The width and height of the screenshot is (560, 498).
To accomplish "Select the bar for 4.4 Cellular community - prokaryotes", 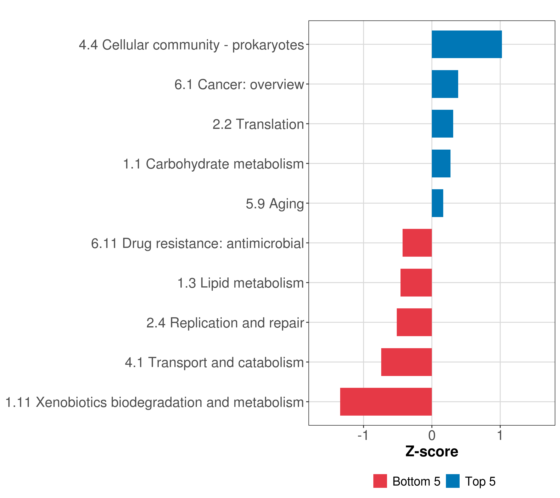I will (x=467, y=44).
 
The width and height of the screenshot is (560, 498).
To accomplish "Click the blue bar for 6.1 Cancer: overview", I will (x=445, y=84).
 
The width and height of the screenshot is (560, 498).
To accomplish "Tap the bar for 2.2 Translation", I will (x=442, y=124).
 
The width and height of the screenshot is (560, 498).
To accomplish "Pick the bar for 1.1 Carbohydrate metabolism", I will (x=441, y=164).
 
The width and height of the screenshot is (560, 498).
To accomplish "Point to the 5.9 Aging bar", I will (x=437, y=203).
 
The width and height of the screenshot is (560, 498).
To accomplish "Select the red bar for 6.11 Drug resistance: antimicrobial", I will (x=417, y=243).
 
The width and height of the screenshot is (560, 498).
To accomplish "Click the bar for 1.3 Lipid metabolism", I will (x=416, y=283).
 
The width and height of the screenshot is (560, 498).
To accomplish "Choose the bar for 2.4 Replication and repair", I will (x=414, y=322).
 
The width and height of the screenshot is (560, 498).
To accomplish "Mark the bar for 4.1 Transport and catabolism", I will (x=406, y=362).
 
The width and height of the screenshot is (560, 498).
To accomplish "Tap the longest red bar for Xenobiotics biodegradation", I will (x=386, y=402).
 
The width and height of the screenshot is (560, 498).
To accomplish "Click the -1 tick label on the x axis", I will (x=363, y=436).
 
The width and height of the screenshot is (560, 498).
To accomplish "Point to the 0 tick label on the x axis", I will (x=432, y=436).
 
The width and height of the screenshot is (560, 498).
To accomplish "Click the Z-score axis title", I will (x=432, y=452).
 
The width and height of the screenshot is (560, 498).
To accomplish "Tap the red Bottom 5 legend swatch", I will (x=380, y=481).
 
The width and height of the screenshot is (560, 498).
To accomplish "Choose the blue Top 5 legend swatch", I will (x=453, y=481).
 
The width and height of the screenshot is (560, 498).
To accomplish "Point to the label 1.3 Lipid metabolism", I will (x=241, y=283).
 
